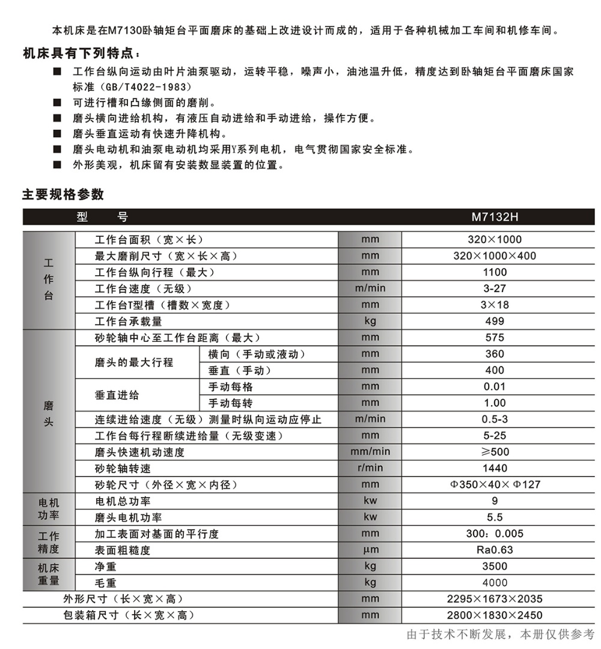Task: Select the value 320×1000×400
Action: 494,256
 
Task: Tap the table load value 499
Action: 494,321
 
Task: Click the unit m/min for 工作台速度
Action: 370,288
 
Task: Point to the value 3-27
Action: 494,288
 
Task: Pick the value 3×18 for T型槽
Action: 494,305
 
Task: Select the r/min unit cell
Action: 370,468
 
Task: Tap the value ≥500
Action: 494,452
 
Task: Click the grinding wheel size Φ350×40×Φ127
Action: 495,484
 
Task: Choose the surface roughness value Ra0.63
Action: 494,550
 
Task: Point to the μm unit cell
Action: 370,550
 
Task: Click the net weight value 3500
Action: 494,566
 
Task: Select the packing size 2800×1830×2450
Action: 494,615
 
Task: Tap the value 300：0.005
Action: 494,534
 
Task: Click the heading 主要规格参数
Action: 63,195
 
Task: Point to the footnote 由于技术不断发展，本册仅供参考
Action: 500,635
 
